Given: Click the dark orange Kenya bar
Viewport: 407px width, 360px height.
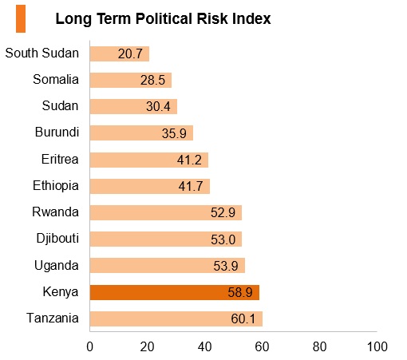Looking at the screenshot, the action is [x=175, y=292].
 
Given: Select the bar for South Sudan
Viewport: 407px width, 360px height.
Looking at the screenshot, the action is [x=120, y=53].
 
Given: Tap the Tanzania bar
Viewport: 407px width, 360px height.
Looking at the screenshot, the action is [x=176, y=318].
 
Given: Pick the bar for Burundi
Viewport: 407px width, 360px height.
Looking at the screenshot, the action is [x=141, y=133].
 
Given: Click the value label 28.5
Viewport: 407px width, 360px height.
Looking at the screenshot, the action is [x=152, y=80].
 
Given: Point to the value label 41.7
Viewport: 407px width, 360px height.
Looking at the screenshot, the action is [x=191, y=186].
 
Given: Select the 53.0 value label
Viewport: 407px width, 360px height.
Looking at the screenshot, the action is [x=223, y=239].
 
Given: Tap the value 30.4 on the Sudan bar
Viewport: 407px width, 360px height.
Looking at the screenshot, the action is [x=158, y=106].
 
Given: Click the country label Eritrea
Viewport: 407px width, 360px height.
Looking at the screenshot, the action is [x=60, y=159].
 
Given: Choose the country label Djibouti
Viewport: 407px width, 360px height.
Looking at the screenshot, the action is [x=57, y=239].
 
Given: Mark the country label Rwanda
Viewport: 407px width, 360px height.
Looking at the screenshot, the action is [x=55, y=212].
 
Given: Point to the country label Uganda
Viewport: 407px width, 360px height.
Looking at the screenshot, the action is [x=57, y=266].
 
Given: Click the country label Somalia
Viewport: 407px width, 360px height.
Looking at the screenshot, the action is [x=56, y=79].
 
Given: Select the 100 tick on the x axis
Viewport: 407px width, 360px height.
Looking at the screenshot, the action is [x=377, y=346].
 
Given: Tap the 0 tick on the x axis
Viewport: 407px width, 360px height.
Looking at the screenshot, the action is [x=90, y=346].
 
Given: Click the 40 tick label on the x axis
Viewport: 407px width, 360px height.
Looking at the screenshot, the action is [x=204, y=346].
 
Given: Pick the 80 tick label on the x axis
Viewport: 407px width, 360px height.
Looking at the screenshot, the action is [x=319, y=346].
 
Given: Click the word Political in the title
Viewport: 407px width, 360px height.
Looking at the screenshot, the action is [x=164, y=18].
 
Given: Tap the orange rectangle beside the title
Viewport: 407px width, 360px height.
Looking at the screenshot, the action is [x=21, y=18].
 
